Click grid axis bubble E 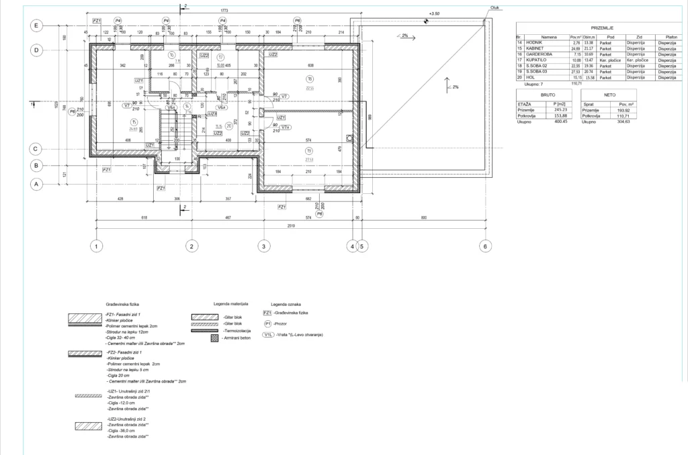(37, 25)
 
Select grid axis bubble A (37, 183)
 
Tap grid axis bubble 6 (485, 246)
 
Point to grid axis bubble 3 (264, 246)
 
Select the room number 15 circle (134, 121)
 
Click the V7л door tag (286, 127)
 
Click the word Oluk (495, 8)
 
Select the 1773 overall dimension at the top (224, 11)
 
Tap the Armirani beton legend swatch (214, 341)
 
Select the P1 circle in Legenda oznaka (267, 323)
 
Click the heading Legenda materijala (230, 304)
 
